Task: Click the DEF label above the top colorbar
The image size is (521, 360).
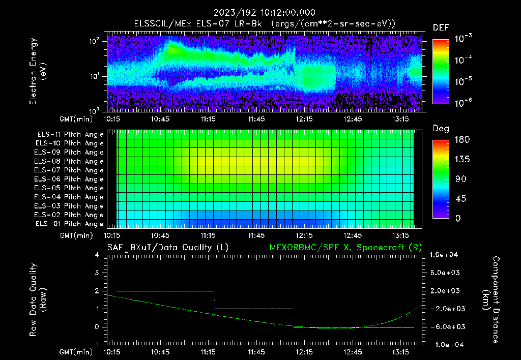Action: (x=441, y=27)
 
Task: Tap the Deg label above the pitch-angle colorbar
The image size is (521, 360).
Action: (x=441, y=129)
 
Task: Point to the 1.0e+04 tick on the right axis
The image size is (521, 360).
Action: (x=446, y=255)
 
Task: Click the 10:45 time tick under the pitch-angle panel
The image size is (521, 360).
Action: (x=160, y=235)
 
